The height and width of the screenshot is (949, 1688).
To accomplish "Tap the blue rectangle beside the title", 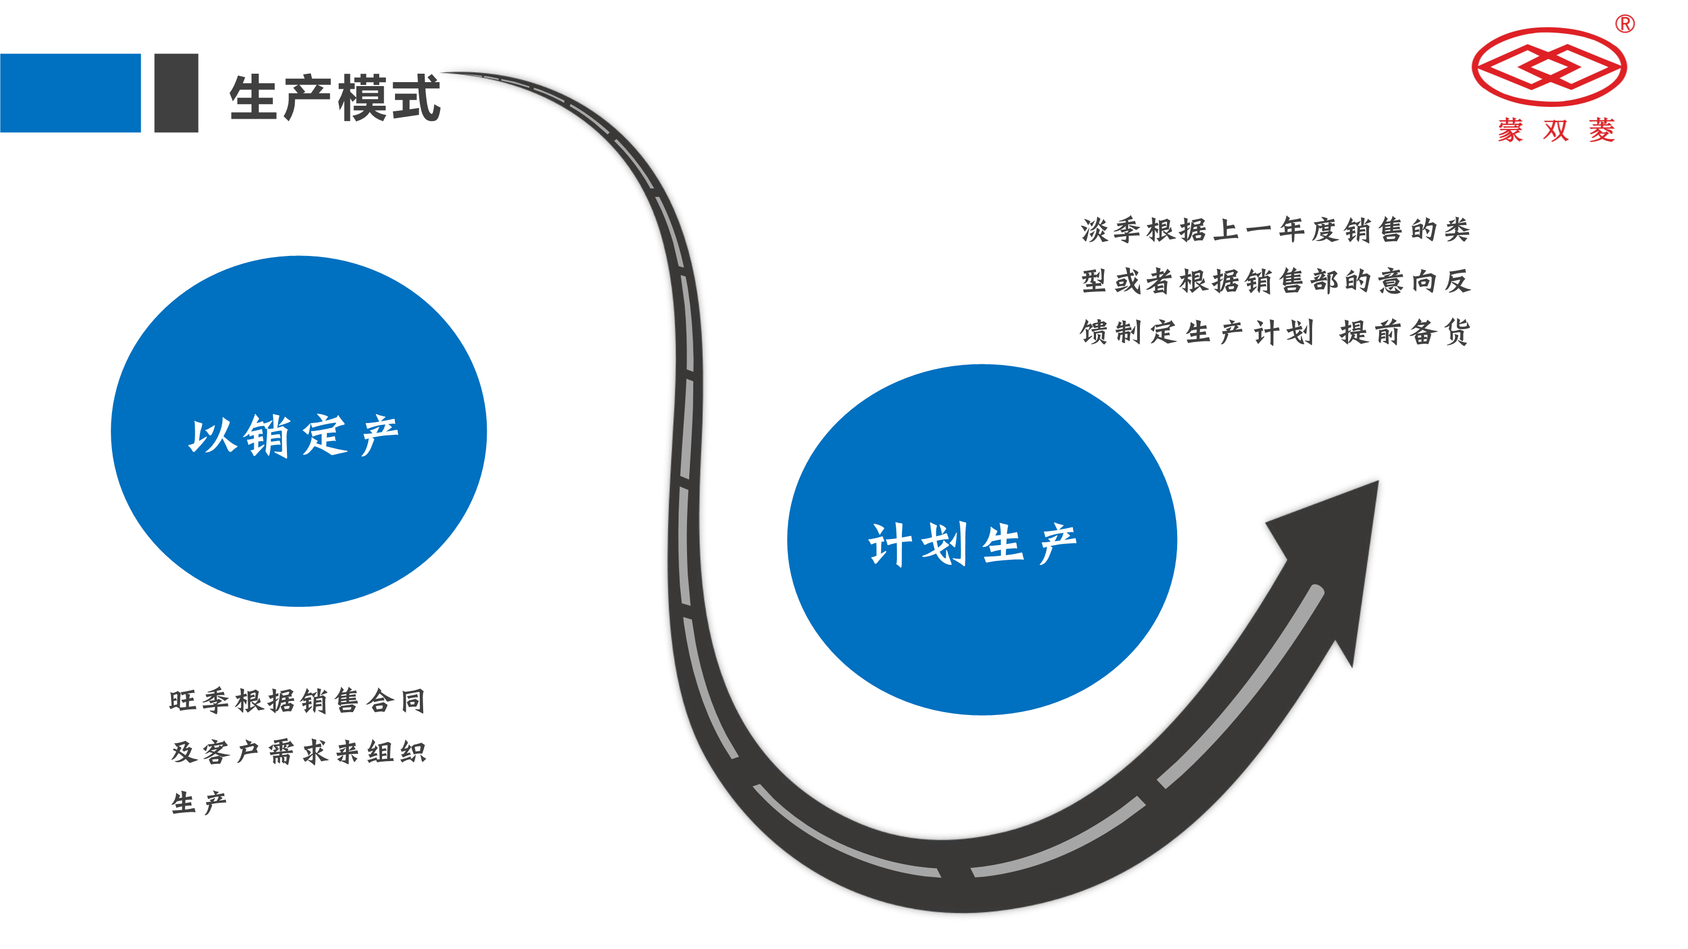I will coord(70,93).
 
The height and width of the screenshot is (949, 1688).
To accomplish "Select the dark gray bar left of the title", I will coord(176,93).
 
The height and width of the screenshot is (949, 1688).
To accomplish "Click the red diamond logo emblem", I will coord(1548,67).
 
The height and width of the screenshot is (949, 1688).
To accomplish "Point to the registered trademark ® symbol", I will coord(1624,24).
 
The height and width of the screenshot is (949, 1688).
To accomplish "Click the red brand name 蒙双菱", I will coord(1556,131).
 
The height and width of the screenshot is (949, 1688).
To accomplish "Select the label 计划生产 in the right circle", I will coord(972,543).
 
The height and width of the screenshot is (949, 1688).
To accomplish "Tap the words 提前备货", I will coord(1405,332).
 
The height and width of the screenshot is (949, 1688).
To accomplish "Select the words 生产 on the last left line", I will coord(199,803).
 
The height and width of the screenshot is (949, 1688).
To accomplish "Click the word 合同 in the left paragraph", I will coord(397,701).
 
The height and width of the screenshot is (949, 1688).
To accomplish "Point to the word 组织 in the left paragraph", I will coord(397,752).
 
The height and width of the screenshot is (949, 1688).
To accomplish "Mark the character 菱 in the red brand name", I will coord(1601,131).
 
